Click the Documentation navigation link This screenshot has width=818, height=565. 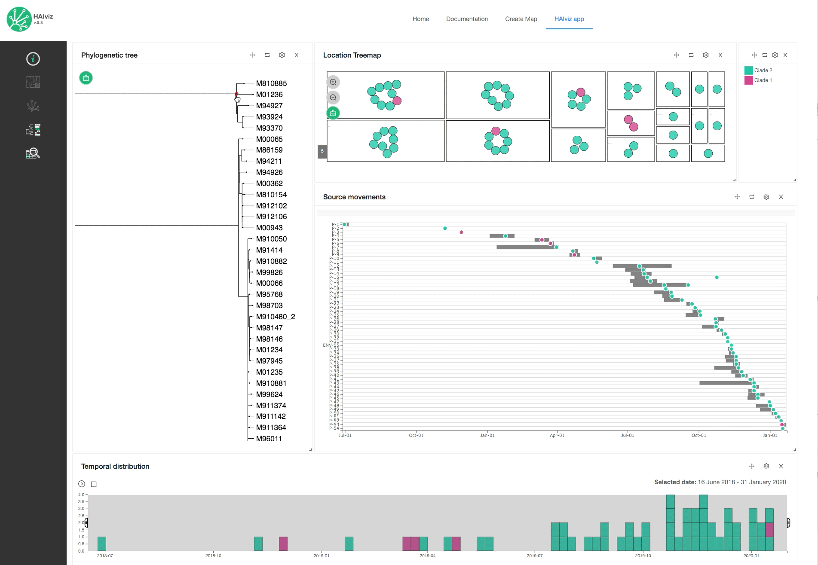coord(467,19)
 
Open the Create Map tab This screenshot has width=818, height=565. coord(521,19)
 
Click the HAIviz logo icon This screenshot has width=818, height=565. coord(19,19)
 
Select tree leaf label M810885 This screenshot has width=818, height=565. coord(271,83)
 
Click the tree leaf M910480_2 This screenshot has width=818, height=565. coord(275,317)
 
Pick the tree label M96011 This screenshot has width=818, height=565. coord(269,439)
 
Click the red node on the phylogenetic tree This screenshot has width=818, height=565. coord(236,94)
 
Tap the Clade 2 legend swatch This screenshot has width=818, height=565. coord(748,70)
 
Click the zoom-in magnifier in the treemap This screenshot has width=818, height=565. coord(333,82)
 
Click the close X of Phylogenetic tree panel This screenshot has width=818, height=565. coord(297,55)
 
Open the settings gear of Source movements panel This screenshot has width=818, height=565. coord(766,197)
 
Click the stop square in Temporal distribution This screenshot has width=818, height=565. coord(94,484)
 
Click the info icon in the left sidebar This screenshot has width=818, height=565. coord(33,59)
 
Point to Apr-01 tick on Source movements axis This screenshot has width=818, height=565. coord(557,435)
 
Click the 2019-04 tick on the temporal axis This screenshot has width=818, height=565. coord(427,556)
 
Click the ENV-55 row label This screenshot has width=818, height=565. coord(331,345)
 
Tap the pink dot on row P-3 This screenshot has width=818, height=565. coord(461,232)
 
